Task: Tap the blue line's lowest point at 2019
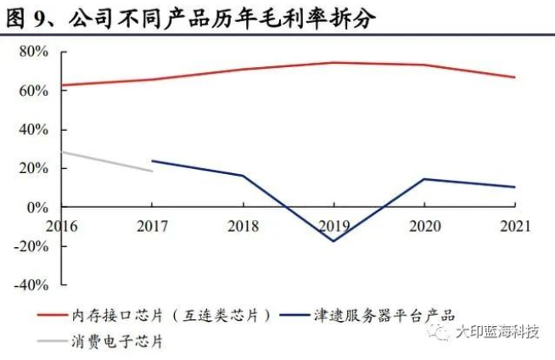[334, 241]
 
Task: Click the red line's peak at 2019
[334, 63]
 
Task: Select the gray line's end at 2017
[152, 172]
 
